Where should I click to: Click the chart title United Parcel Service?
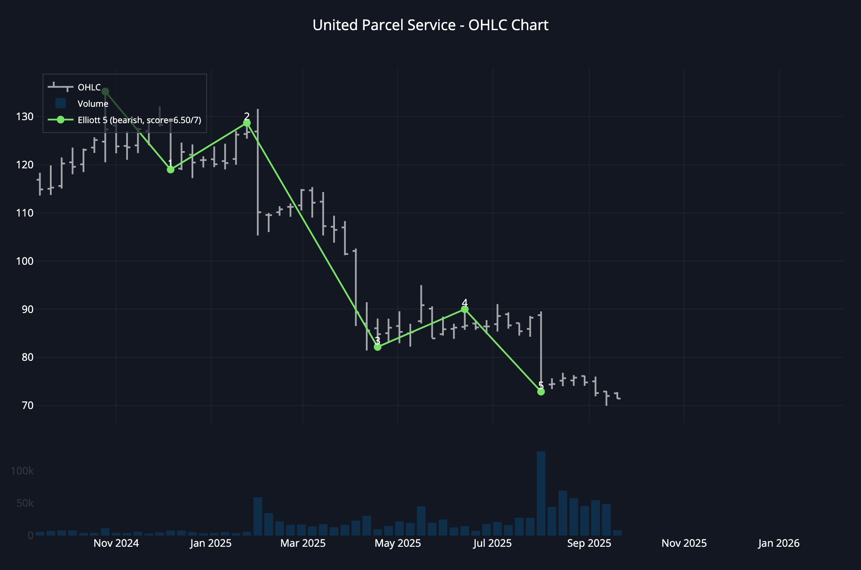pyautogui.click(x=430, y=25)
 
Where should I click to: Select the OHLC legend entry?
pyautogui.click(x=89, y=87)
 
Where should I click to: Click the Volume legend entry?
pyautogui.click(x=93, y=104)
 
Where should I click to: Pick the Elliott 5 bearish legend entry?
pyautogui.click(x=139, y=120)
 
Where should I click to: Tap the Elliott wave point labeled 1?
pyautogui.click(x=170, y=170)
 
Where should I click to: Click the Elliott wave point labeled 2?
pyautogui.click(x=247, y=123)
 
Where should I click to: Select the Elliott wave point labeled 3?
pyautogui.click(x=378, y=347)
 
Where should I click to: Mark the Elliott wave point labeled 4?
pyautogui.click(x=465, y=310)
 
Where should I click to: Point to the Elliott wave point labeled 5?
pyautogui.click(x=541, y=392)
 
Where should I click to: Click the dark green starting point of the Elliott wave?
pyautogui.click(x=105, y=91)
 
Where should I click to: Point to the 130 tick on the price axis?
pyautogui.click(x=25, y=117)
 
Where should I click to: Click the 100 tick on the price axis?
pyautogui.click(x=25, y=261)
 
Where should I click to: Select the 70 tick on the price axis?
pyautogui.click(x=27, y=405)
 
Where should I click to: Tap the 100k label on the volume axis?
pyautogui.click(x=22, y=471)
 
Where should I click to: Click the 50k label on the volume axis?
pyautogui.click(x=25, y=503)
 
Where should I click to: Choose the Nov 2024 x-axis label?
pyautogui.click(x=116, y=543)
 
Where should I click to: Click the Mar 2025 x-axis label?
pyautogui.click(x=303, y=543)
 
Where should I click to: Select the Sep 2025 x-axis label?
pyautogui.click(x=589, y=543)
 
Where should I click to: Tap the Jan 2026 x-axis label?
pyautogui.click(x=778, y=543)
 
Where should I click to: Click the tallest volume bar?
pyautogui.click(x=541, y=493)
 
